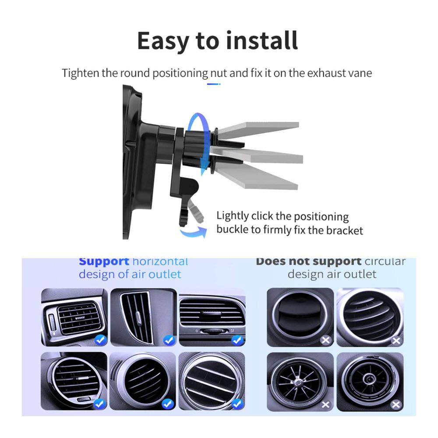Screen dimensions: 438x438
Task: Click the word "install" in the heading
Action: click(x=262, y=40)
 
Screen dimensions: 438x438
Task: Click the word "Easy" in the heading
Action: click(x=162, y=41)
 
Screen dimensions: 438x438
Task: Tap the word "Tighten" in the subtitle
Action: click(x=81, y=73)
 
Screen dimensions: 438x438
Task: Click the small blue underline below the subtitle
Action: click(x=214, y=84)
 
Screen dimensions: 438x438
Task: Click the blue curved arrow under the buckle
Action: click(x=194, y=232)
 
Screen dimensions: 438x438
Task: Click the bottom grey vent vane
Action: click(x=257, y=176)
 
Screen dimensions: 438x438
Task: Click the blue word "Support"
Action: click(x=104, y=261)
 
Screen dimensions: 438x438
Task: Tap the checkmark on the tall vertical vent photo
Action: click(x=169, y=340)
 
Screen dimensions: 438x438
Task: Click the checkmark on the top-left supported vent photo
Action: click(x=101, y=340)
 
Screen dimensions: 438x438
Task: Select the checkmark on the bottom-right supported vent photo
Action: click(x=237, y=404)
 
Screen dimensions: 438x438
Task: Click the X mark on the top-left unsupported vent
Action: click(x=325, y=340)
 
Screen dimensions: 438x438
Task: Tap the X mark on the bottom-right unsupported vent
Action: click(x=396, y=404)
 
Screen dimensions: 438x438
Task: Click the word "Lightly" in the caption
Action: click(x=233, y=216)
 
